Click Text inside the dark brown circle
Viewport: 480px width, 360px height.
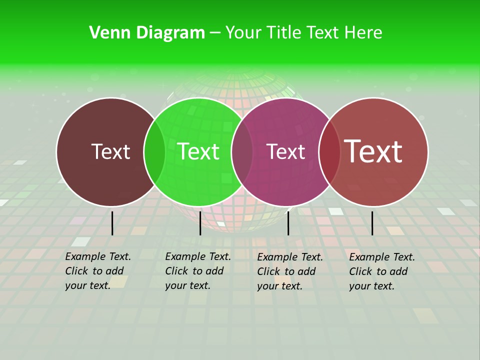point(110,151)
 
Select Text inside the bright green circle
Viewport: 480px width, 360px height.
point(198,151)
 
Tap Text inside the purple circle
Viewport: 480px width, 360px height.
point(285,151)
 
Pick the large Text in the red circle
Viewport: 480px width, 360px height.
point(373,151)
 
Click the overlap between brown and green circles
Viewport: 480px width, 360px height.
point(154,151)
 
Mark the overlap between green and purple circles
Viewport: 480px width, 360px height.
point(242,151)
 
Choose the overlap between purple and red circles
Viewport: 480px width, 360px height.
point(329,151)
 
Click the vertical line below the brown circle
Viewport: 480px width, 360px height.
point(112,223)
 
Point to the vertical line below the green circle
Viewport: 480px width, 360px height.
point(200,223)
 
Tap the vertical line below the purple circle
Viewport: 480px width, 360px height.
point(288,223)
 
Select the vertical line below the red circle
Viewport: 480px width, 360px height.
point(372,223)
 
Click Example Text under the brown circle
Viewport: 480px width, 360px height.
point(98,256)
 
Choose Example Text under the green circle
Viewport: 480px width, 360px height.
point(198,256)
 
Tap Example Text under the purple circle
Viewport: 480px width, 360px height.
point(290,257)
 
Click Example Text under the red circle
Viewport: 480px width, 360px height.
point(382,257)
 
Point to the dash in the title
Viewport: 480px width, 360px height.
point(215,33)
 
